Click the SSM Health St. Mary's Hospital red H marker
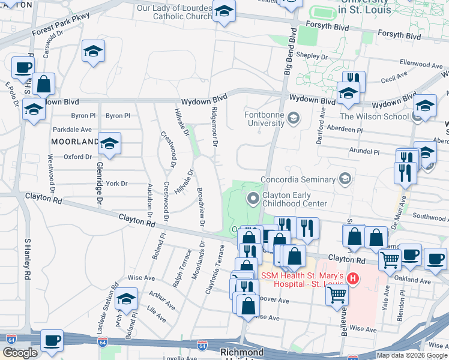click(x=354, y=279)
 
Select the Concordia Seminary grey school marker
click(x=345, y=178)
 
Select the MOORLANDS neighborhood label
click(x=74, y=142)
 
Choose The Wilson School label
click(x=375, y=116)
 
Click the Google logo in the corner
click(x=19, y=353)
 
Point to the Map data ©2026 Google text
click(x=412, y=355)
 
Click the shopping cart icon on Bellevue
click(x=337, y=294)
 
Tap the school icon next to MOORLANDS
click(x=110, y=144)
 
